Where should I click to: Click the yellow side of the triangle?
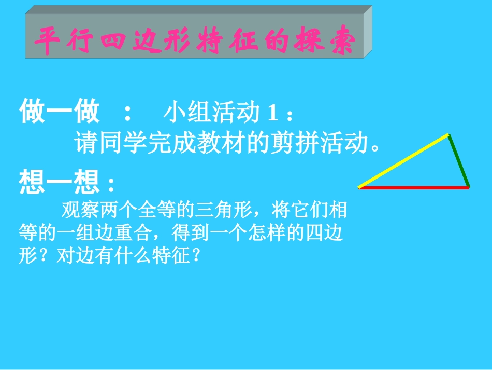(403, 161)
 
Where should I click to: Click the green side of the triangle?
(459, 160)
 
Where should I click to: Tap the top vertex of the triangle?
(449, 135)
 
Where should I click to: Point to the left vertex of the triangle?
(359, 187)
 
